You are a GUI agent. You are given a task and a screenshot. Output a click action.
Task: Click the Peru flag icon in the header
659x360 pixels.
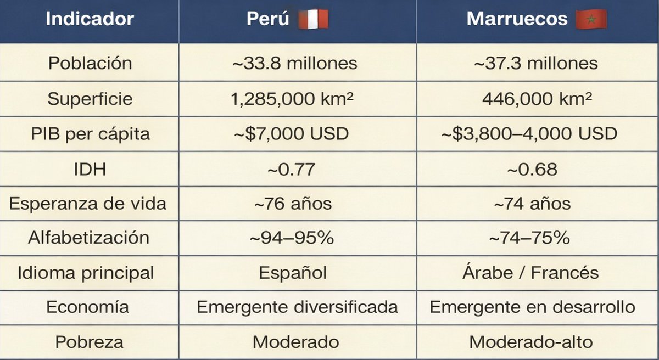(x=313, y=19)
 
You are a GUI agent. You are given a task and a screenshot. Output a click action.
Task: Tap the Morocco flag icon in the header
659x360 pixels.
(x=591, y=19)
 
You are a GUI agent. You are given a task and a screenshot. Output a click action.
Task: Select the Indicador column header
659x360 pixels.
(x=90, y=19)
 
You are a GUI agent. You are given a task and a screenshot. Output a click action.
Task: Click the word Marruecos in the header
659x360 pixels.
(x=517, y=19)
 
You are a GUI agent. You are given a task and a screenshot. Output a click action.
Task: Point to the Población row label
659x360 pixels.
(x=90, y=63)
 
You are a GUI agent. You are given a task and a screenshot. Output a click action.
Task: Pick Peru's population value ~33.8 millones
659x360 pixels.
(x=295, y=63)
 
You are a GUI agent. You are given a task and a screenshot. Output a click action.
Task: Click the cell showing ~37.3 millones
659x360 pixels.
(x=535, y=63)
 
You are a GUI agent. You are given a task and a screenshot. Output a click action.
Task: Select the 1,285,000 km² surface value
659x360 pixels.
(x=295, y=99)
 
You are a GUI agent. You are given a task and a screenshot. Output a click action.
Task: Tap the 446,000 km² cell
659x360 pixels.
(x=537, y=99)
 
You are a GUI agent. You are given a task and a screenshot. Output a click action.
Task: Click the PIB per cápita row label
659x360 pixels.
(x=90, y=134)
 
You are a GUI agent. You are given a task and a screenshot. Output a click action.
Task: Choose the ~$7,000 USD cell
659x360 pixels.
(x=295, y=134)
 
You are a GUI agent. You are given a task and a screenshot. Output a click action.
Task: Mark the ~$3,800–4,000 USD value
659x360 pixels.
(x=535, y=134)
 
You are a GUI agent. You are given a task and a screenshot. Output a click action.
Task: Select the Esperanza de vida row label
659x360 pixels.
(x=88, y=204)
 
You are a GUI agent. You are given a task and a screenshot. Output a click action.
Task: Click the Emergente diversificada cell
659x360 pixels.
(x=297, y=307)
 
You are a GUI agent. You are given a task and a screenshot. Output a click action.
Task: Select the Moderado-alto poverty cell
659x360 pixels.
(x=531, y=342)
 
